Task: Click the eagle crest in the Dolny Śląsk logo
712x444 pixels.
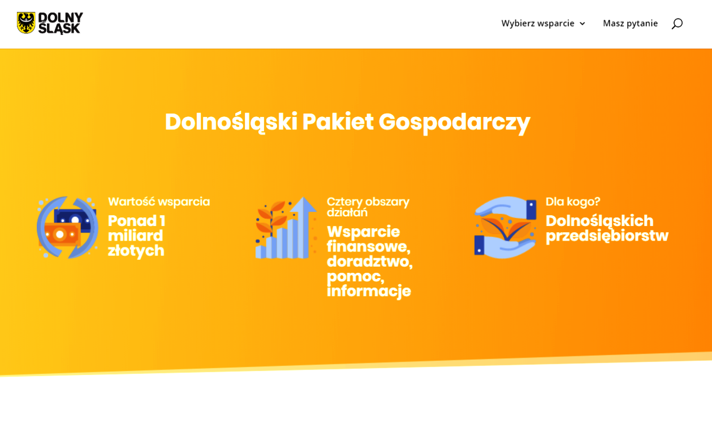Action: (26, 23)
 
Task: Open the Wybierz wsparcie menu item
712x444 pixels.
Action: (538, 24)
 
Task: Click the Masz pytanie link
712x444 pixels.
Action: (631, 24)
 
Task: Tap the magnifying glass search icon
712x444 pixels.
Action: (677, 24)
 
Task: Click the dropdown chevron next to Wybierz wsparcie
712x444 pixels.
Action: (582, 24)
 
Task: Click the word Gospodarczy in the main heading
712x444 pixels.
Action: (454, 123)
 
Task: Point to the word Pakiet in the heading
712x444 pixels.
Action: (338, 121)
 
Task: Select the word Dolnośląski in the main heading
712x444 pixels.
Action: (231, 122)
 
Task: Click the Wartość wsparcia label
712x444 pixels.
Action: (159, 202)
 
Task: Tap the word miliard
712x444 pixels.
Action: (135, 236)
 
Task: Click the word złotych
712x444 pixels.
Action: (136, 251)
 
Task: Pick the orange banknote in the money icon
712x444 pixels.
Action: (59, 234)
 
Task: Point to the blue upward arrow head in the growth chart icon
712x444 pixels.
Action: (303, 204)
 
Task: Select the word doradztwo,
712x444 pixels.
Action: (370, 262)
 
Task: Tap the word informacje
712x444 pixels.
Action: (369, 291)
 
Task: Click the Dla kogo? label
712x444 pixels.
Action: (573, 202)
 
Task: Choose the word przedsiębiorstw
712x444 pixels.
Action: (607, 236)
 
